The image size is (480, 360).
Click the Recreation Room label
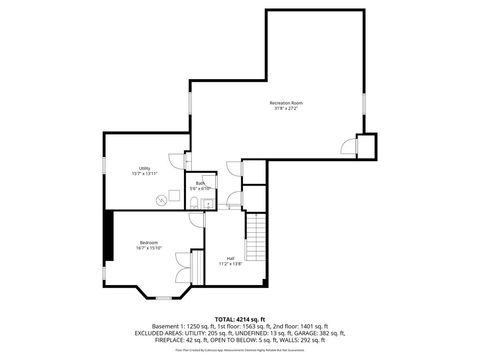(286, 102)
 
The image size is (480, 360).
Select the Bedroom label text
(148, 243)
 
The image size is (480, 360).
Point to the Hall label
(230, 259)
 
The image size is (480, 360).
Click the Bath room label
(201, 183)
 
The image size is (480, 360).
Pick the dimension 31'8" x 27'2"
(286, 109)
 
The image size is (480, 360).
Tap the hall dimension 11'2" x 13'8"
(230, 265)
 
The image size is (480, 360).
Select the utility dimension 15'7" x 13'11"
(145, 174)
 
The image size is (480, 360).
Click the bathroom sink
(206, 204)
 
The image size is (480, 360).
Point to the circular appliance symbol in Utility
(160, 199)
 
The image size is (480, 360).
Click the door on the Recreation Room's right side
(351, 147)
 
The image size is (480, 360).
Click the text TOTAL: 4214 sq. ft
(239, 317)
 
